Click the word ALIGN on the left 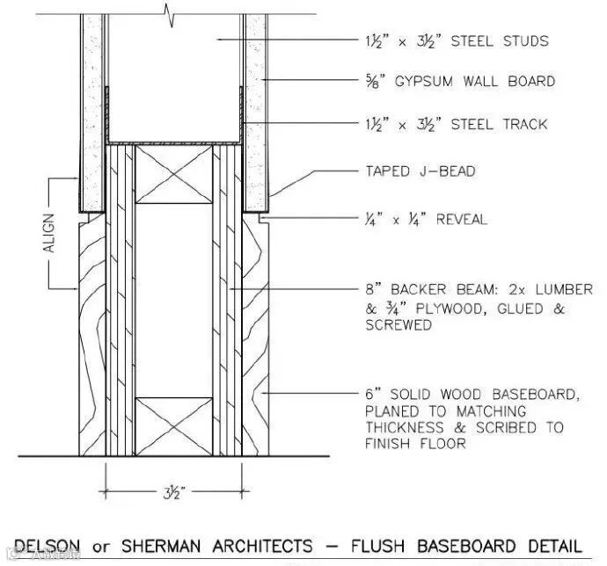(x=48, y=233)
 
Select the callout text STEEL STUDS (x=500, y=40)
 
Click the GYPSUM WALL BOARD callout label (x=475, y=82)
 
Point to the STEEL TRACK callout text (x=499, y=124)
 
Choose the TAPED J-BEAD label (x=421, y=171)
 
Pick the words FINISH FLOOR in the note (x=415, y=444)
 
